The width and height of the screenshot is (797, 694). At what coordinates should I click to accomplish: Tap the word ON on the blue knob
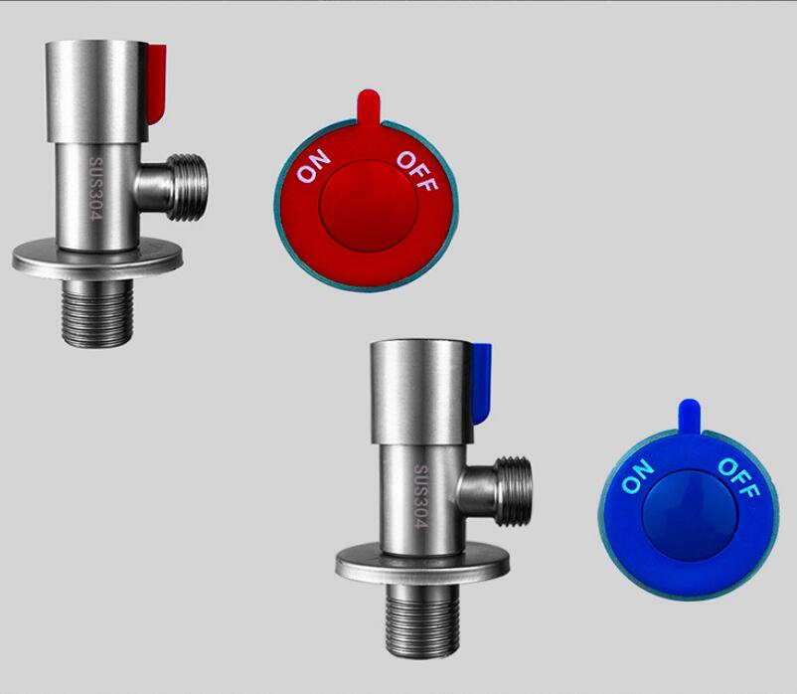638,477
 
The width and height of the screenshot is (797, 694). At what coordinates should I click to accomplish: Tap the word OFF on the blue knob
738,478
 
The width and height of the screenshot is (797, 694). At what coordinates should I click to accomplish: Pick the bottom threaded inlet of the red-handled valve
99,310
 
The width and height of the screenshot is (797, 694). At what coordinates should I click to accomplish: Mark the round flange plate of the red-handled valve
99,260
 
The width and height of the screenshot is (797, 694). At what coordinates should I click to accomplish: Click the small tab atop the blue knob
690,416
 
